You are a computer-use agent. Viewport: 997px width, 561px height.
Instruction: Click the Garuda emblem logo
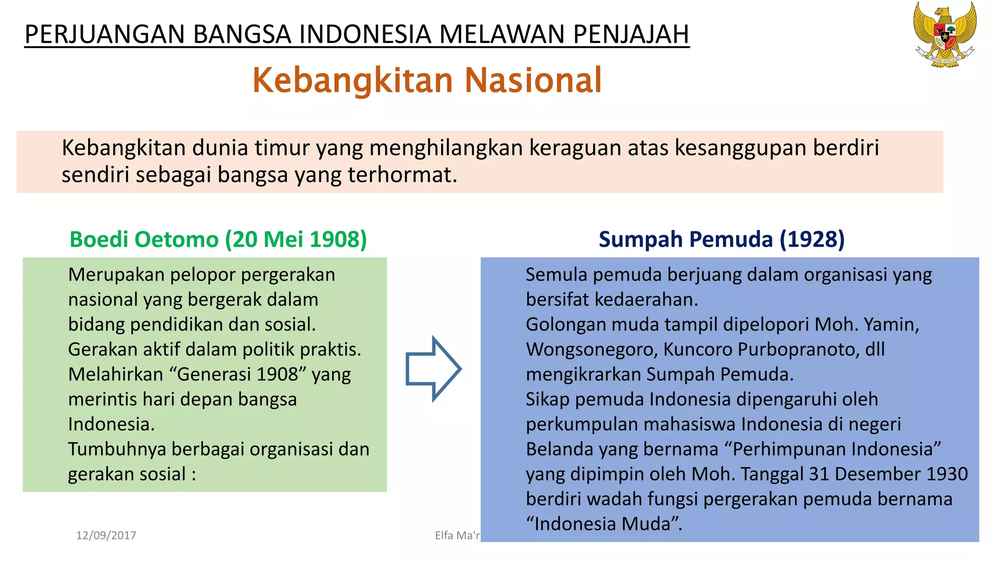(945, 34)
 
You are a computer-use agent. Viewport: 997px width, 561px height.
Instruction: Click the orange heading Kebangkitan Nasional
(427, 80)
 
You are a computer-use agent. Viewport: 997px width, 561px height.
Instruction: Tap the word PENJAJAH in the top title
(631, 35)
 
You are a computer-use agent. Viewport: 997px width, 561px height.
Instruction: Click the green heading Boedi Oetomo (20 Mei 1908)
(218, 240)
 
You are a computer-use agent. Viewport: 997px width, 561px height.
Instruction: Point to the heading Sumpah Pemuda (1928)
(721, 240)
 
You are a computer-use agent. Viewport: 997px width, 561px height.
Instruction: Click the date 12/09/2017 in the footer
(106, 536)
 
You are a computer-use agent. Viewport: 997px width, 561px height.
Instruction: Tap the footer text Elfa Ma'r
(457, 536)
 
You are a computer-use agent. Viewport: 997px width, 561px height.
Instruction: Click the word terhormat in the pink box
(402, 175)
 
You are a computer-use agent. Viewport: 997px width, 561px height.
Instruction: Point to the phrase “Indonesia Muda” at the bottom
(604, 524)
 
